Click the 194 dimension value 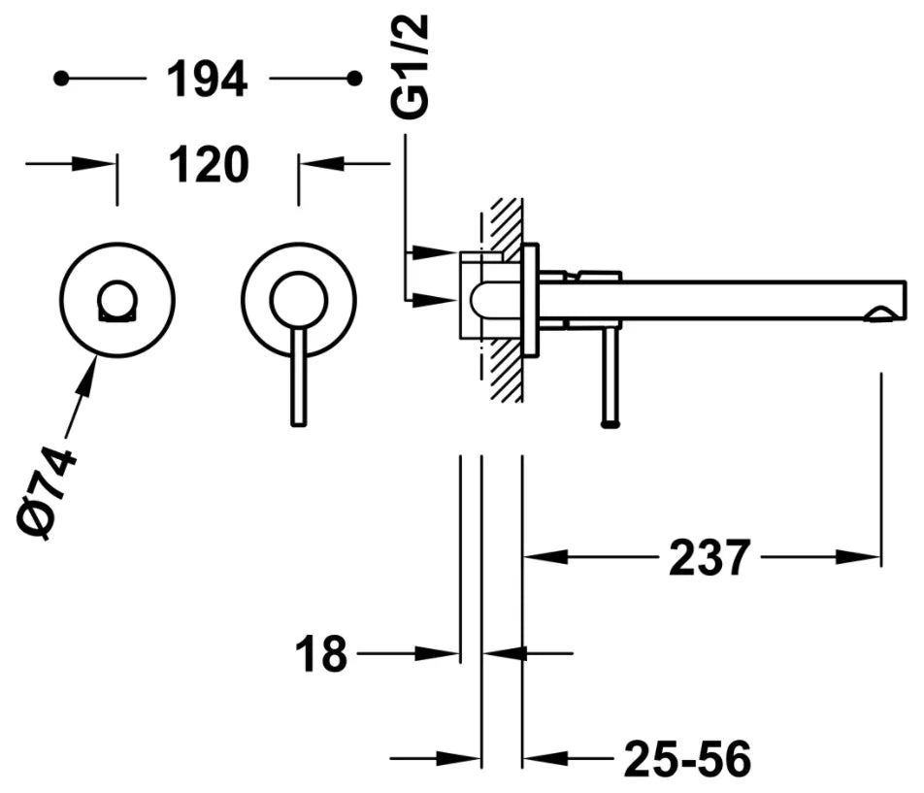point(208,79)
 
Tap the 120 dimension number point(210,164)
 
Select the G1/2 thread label point(410,67)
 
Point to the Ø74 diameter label point(47,493)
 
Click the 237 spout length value point(709,557)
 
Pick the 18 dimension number point(322,653)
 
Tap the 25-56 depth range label point(688,759)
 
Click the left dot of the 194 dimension point(61,78)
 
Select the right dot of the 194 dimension point(354,78)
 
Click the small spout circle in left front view point(117,301)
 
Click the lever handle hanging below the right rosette point(299,376)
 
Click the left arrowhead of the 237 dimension point(546,556)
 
